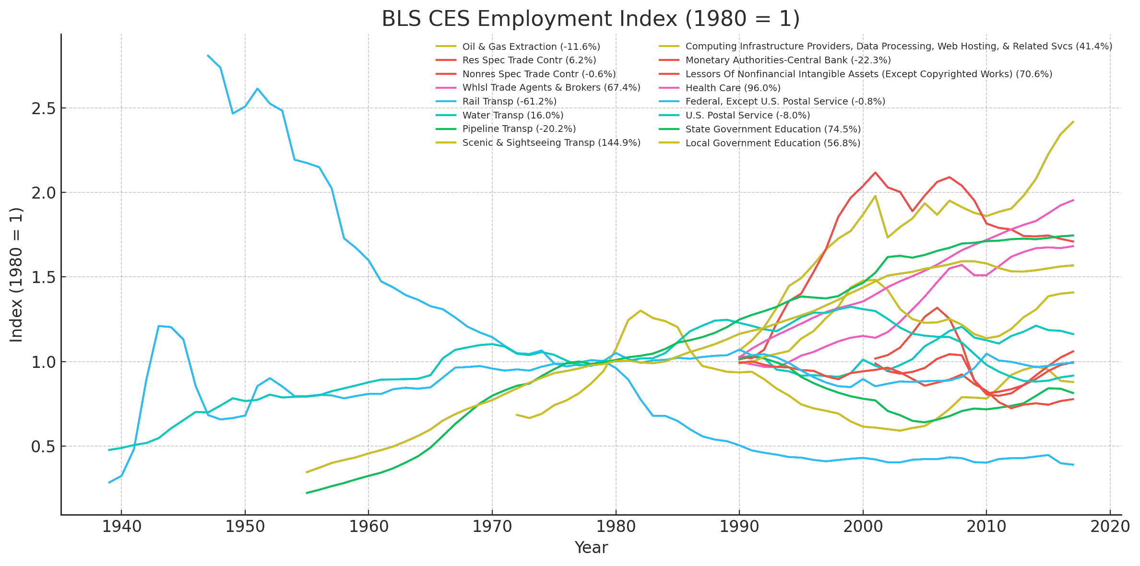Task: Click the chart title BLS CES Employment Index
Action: coord(591,19)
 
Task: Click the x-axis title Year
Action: coord(591,547)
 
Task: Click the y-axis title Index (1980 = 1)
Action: coord(17,274)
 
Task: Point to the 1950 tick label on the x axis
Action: coord(245,527)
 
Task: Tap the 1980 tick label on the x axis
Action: coord(616,527)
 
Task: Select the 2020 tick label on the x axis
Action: coord(1110,527)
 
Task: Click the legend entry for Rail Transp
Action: coord(509,102)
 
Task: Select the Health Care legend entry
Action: coord(733,88)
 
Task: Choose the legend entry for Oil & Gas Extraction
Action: coord(531,47)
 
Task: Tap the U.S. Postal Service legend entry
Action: coord(748,116)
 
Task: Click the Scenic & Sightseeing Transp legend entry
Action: coord(551,143)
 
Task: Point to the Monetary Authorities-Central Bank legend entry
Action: coord(788,60)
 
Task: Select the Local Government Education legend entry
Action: coord(772,143)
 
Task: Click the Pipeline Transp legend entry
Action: coord(519,129)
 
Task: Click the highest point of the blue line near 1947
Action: coord(208,55)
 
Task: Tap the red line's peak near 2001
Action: coord(875,172)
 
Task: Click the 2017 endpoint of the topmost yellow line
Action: coord(1073,122)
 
